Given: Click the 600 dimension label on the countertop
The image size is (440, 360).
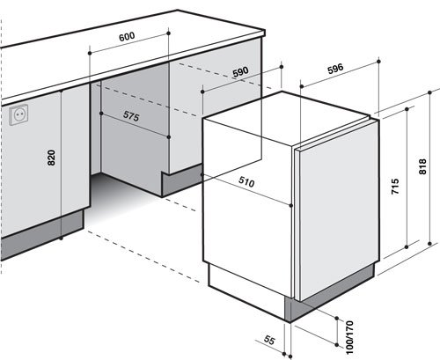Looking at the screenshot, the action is [127, 36].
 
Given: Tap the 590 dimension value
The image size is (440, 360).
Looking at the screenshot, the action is [240, 72].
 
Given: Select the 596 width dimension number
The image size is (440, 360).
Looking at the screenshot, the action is [335, 69].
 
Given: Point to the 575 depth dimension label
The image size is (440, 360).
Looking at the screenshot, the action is [131, 116].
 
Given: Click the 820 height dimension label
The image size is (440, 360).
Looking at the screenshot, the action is [51, 158].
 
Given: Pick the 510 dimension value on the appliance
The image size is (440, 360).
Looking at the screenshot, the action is [246, 182].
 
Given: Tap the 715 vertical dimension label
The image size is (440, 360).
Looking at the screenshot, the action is [395, 186].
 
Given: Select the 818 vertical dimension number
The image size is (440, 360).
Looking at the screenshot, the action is [422, 166].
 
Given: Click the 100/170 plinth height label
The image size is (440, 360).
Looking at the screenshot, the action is [349, 337].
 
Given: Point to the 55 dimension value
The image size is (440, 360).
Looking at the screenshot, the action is [269, 340].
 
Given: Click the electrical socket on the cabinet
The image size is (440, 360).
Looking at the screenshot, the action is [18, 114].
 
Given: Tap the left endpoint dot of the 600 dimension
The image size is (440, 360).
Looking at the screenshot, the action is [90, 53].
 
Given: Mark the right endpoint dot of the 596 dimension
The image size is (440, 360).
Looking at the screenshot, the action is [378, 62].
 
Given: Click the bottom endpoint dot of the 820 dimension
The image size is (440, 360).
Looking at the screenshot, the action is [61, 239].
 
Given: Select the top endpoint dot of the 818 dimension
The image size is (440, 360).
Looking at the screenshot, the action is [429, 92].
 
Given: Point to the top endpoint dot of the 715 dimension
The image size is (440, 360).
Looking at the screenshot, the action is [407, 109].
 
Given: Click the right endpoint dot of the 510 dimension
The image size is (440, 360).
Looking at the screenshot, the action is [291, 205].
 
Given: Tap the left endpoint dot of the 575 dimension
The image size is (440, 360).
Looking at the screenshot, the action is [101, 114].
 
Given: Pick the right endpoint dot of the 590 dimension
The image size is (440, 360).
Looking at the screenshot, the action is [282, 67].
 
